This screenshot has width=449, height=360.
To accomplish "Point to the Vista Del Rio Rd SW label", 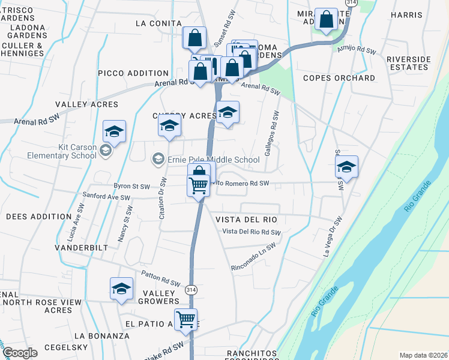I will (251, 232).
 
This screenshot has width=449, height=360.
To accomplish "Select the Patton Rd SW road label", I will (161, 278).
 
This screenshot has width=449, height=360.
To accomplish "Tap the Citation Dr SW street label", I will (162, 197).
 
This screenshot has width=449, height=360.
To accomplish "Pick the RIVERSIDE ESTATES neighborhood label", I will (409, 63).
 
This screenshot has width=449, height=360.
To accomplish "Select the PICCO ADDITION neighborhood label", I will (133, 73).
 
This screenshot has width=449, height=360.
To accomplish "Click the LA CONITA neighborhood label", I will (158, 23).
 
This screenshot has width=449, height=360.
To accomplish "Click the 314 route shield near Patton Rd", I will (190, 288).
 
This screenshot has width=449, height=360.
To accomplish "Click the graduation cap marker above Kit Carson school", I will (114, 131).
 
